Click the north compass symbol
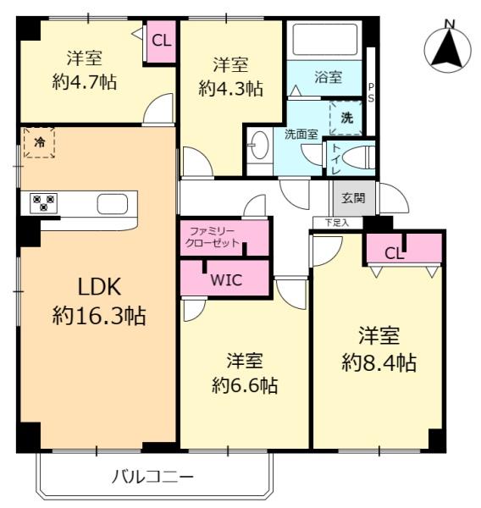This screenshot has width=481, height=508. (448, 48)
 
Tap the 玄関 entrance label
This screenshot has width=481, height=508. (354, 197)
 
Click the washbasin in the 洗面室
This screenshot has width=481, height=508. (259, 145)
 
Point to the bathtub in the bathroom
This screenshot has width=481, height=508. (325, 40)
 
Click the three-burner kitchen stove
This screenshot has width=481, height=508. (43, 203)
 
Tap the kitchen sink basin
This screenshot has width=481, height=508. (112, 204)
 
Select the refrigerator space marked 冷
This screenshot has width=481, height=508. (39, 142)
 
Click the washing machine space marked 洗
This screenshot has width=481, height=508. (346, 118)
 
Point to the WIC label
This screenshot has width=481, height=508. (226, 280)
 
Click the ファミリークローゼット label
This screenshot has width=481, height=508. (212, 237)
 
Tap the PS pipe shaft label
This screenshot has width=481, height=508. (370, 92)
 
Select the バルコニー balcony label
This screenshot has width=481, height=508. (152, 477)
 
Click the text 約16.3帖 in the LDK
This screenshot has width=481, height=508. (99, 316)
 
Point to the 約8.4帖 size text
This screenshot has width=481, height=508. (379, 362)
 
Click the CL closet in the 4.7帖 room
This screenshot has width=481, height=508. (162, 41)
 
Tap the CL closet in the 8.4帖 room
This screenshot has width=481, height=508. (405, 248)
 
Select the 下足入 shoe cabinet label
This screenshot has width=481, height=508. (337, 223)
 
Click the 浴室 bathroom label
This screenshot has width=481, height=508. (328, 77)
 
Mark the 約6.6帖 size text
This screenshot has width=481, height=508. (245, 385)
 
